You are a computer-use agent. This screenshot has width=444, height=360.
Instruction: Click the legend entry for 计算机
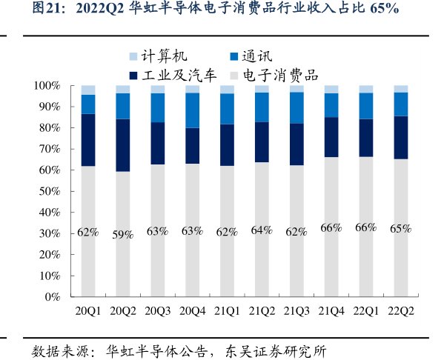click(x=159, y=56)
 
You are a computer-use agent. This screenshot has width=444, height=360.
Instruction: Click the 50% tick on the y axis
click(x=50, y=191)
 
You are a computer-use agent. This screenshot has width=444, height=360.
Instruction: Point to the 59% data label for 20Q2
click(x=122, y=234)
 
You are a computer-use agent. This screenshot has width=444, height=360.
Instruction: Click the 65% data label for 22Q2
click(x=400, y=229)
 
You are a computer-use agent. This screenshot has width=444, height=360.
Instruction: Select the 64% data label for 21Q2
click(x=262, y=230)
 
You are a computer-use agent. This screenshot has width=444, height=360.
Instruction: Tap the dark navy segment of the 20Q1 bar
click(x=88, y=140)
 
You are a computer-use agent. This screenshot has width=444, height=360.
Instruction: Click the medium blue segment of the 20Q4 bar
click(x=192, y=110)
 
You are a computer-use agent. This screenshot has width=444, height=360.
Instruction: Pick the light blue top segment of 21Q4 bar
click(x=331, y=89)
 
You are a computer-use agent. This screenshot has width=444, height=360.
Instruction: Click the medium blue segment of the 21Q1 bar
click(x=227, y=108)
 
